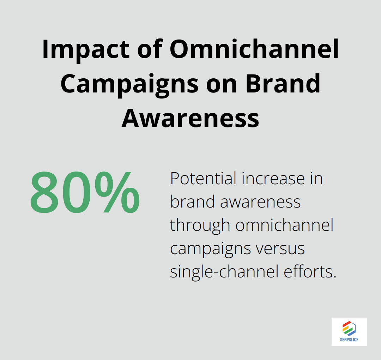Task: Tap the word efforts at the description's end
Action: pos(313,272)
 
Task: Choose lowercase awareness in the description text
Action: pos(261,202)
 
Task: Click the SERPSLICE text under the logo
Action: pos(349,340)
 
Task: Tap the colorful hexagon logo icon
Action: pos(349,328)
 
